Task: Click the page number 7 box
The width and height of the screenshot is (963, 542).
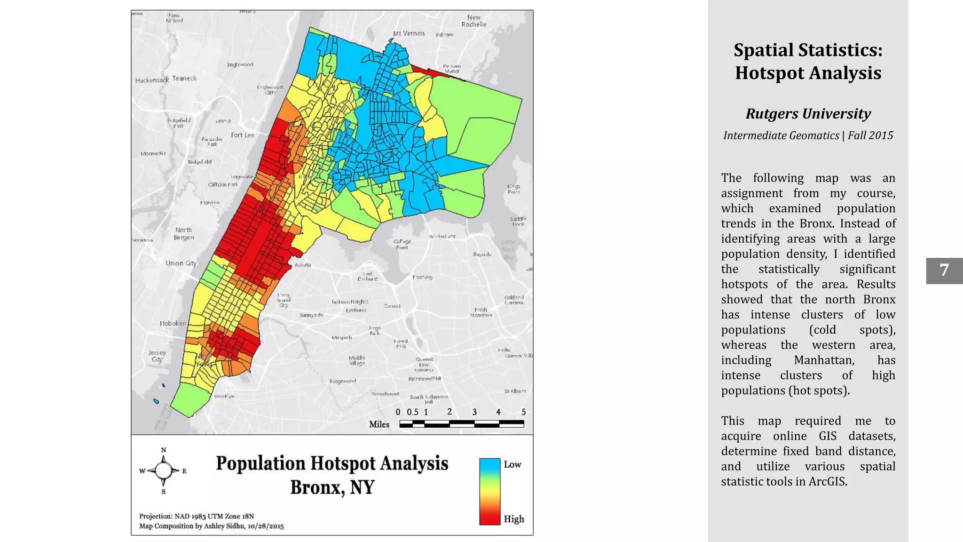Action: (944, 271)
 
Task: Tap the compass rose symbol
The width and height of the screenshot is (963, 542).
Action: (163, 470)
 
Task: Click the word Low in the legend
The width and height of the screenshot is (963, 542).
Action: (512, 464)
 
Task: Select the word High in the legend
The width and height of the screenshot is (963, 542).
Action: (513, 519)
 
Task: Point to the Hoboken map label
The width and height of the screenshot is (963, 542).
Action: (173, 323)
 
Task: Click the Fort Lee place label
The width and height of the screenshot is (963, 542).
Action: (242, 135)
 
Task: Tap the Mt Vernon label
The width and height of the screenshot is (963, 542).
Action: (409, 33)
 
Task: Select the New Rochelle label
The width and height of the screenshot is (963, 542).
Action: (474, 21)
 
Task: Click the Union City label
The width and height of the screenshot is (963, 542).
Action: (181, 263)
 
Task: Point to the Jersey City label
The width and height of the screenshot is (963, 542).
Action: (157, 356)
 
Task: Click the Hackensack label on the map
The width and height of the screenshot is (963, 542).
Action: (151, 80)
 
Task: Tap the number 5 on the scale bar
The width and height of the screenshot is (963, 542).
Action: (523, 412)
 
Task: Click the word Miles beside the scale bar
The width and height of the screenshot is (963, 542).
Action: (379, 424)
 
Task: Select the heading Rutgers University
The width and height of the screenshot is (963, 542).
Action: (808, 114)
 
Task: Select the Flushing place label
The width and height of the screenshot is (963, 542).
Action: (422, 277)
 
